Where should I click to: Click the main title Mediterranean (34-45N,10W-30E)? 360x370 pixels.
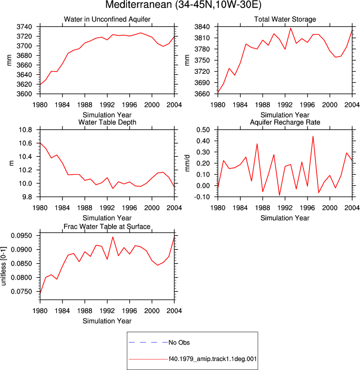[183, 5]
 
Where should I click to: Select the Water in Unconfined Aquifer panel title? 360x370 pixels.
[107, 19]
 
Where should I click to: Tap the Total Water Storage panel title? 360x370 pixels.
[285, 19]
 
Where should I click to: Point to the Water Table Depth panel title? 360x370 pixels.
[107, 122]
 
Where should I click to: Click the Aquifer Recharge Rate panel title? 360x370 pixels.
[285, 122]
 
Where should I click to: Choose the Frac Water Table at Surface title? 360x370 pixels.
[107, 227]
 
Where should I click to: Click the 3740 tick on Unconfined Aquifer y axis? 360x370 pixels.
[24, 27]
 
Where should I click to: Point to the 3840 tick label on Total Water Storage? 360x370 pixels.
[202, 27]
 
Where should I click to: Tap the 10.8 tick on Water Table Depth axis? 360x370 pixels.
[25, 130]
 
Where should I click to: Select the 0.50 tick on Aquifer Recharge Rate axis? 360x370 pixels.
[203, 130]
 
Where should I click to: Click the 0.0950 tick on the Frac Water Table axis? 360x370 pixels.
[21, 236]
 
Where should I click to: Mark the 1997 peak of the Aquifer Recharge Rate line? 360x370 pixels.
[313, 136]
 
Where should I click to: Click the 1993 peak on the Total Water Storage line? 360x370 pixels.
[291, 28]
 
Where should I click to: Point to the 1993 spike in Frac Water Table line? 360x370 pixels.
[113, 237]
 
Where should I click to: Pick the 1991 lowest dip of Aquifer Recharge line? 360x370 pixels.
[280, 195]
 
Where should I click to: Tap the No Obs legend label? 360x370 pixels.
[179, 343]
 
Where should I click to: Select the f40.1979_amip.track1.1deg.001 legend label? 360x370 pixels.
[213, 359]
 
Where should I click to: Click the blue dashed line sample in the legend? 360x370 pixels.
[148, 342]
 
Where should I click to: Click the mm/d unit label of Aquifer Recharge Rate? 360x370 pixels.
[187, 163]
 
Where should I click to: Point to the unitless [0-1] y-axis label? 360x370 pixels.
[3, 266]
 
